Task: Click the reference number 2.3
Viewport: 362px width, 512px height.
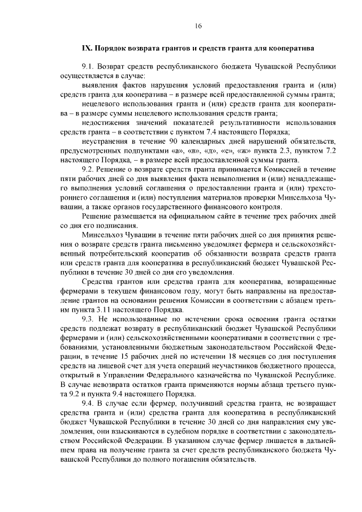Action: coord(291,150)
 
